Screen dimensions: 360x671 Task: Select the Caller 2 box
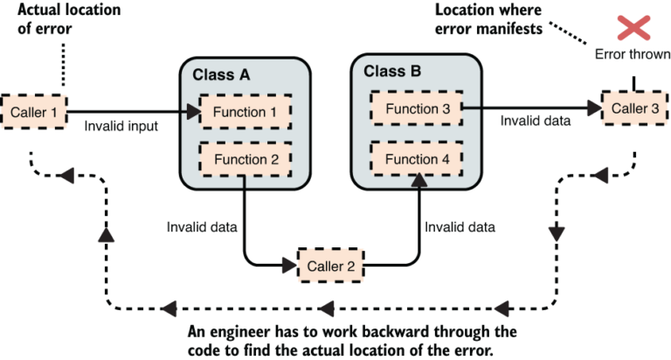pyautogui.click(x=329, y=264)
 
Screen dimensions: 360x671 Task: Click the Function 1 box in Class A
pyautogui.click(x=245, y=112)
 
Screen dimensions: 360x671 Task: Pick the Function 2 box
pyautogui.click(x=245, y=159)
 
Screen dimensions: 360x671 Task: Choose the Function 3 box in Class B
pyautogui.click(x=416, y=108)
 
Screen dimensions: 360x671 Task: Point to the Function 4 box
pyautogui.click(x=416, y=159)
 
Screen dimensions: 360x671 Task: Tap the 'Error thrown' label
pyautogui.click(x=633, y=54)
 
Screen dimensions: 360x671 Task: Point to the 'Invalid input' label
pyautogui.click(x=121, y=127)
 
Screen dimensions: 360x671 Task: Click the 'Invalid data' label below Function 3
pyautogui.click(x=536, y=121)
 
